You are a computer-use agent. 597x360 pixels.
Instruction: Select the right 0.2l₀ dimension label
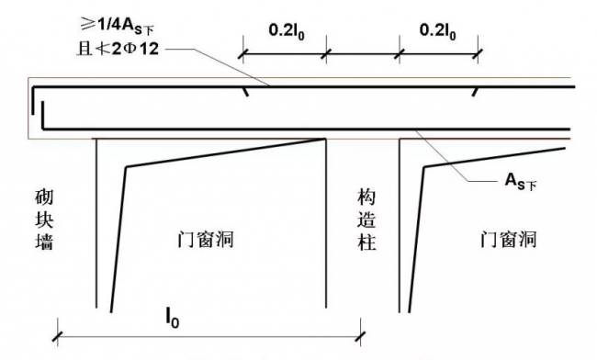click(x=439, y=29)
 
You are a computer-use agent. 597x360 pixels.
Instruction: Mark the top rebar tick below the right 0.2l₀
click(x=476, y=91)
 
